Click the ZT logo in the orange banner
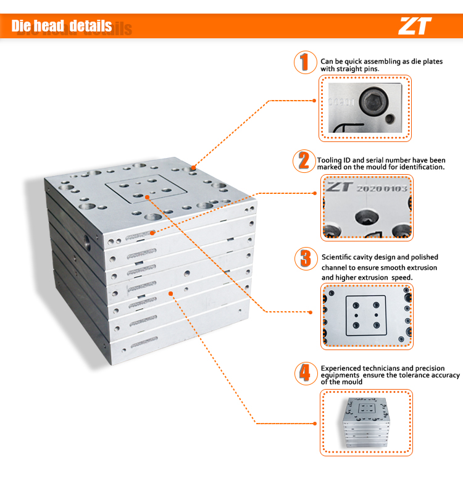(415, 26)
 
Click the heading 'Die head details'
(62, 26)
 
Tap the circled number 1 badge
(305, 62)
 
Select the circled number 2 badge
(304, 161)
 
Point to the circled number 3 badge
(306, 259)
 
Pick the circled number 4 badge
(306, 374)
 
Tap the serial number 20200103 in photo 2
(382, 189)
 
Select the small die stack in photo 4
(366, 422)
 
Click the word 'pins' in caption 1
(372, 69)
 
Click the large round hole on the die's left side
(87, 242)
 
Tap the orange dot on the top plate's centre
(147, 197)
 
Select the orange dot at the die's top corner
(193, 167)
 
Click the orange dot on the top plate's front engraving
(152, 233)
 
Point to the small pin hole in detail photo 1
(390, 119)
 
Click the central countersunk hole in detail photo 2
(367, 217)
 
